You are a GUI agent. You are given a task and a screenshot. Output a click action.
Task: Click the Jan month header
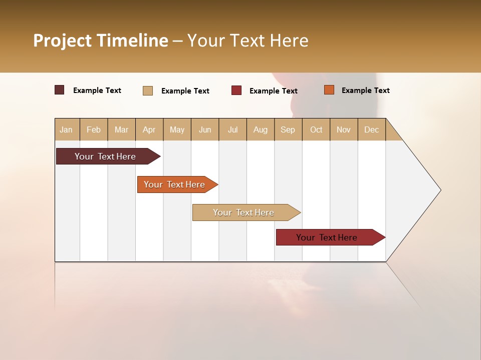point(67,129)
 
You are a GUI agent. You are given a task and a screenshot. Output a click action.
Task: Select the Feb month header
point(94,129)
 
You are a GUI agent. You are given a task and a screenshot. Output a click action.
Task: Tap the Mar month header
point(121,129)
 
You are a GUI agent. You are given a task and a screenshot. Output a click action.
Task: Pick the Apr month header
point(149,129)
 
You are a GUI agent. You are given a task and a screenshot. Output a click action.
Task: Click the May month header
point(177,129)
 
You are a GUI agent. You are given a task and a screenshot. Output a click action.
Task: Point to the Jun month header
point(205,129)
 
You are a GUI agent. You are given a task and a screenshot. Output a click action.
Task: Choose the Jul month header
point(232,129)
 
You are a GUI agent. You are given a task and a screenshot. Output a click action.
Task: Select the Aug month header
point(261,129)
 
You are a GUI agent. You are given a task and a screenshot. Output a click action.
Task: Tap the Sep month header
point(288,129)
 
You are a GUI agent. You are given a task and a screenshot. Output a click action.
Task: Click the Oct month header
point(316,129)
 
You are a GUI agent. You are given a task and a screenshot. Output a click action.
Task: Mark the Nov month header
point(344,129)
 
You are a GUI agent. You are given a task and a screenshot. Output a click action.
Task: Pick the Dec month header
point(371,129)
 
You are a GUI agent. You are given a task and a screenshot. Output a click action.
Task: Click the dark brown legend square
point(60,90)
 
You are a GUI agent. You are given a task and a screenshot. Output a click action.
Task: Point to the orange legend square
point(329,90)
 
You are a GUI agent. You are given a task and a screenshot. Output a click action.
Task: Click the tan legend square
point(148,90)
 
